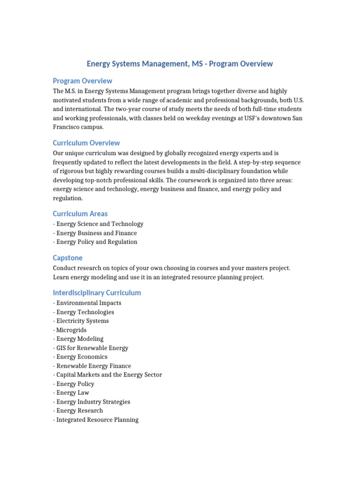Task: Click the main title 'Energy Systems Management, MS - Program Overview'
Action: pos(180,64)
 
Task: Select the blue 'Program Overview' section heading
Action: pos(82,81)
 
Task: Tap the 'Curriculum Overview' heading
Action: pos(86,143)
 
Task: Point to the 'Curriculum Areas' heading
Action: pos(80,214)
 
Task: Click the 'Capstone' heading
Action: pos(67,258)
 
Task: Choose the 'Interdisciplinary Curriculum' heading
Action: pos(97,293)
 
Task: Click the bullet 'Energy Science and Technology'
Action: pos(99,224)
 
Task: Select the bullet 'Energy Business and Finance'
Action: pos(96,233)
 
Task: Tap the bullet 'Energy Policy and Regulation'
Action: pos(97,242)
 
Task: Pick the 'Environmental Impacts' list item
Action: pos(88,303)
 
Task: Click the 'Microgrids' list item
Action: pos(71,330)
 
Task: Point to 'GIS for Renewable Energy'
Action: pos(92,348)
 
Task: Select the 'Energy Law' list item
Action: pos(72,393)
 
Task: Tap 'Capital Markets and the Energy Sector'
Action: pos(109,375)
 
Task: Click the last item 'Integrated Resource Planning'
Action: pos(97,420)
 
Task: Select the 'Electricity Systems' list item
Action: pos(82,321)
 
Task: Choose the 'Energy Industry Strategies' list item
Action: pos(93,402)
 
